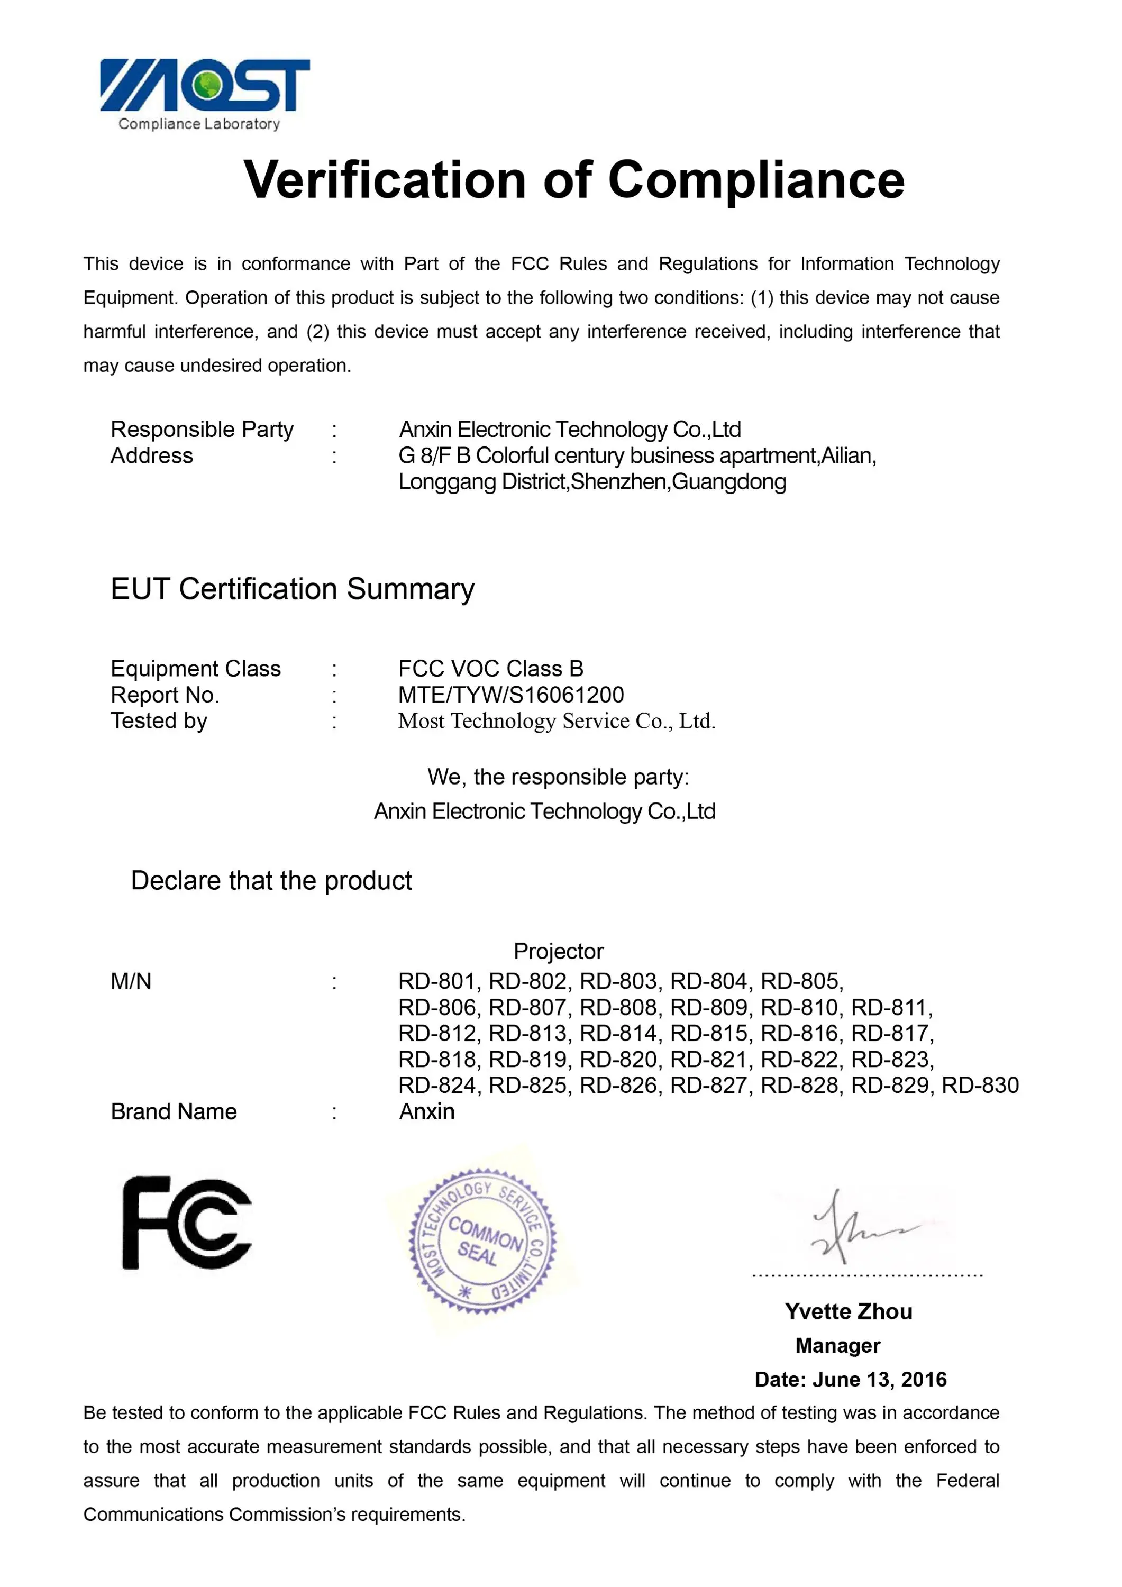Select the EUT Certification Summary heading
(293, 589)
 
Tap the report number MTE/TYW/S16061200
(511, 695)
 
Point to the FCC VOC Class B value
(491, 669)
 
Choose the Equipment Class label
(196, 669)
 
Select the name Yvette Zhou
(848, 1311)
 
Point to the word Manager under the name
(838, 1345)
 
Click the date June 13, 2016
(879, 1379)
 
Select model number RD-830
(980, 1085)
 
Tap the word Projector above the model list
(559, 951)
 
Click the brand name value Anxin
(426, 1111)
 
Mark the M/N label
(131, 981)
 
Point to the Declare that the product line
(271, 881)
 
